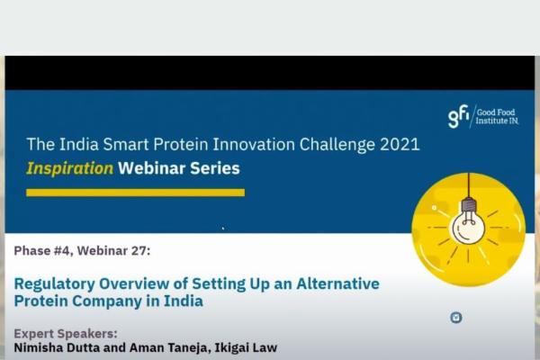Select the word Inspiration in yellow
(70, 168)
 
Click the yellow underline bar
(135, 192)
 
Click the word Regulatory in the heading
(54, 283)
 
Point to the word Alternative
(339, 283)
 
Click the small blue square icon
(456, 317)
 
